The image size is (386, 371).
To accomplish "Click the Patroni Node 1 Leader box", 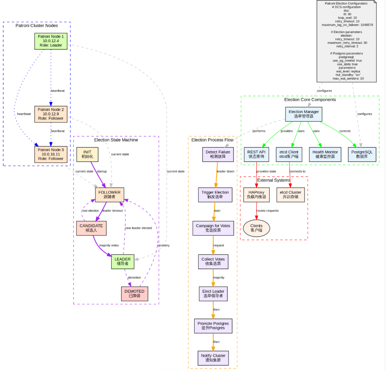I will point(50,41).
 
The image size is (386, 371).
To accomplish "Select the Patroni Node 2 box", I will point(50,114).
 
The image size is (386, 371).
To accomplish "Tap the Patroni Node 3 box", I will point(50,154).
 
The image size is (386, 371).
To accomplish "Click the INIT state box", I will point(87,154).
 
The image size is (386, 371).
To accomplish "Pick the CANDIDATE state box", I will point(91,228).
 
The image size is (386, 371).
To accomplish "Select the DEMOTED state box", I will point(134,293).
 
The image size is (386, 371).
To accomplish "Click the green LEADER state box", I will point(123,262).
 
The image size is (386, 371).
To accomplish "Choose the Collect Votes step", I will point(213,261).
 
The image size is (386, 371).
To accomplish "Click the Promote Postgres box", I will point(213,326).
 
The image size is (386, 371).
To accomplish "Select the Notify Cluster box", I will point(213,358).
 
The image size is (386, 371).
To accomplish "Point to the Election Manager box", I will point(303,114).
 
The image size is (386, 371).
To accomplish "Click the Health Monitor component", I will point(325,154).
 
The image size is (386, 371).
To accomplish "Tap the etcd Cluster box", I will point(290,195).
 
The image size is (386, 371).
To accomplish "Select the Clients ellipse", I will point(256,228).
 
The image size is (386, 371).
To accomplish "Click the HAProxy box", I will point(256,195).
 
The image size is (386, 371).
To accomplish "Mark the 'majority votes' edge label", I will point(109,246).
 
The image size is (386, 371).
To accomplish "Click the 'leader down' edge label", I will point(226,172).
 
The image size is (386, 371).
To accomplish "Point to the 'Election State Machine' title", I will point(116,140).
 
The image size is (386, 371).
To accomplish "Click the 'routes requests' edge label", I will point(267,211).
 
